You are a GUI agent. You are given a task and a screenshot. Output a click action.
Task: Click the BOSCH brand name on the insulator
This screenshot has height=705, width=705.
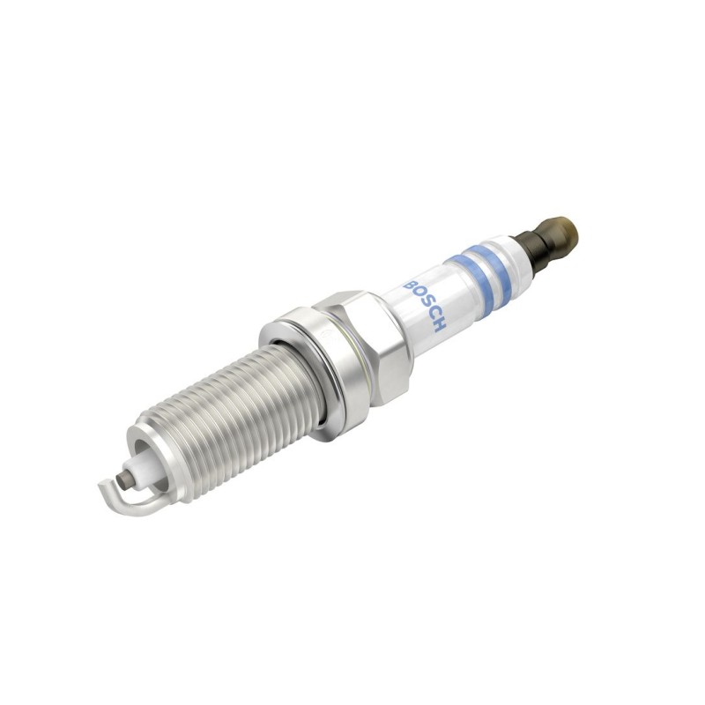425,306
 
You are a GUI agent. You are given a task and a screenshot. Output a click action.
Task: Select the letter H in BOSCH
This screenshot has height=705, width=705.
438,325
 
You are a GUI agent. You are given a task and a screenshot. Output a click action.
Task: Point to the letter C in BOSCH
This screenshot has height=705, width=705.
432,315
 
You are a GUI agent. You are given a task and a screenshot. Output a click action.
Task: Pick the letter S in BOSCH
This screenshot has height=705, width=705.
426,305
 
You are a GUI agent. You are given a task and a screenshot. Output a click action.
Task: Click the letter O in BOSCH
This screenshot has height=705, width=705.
419,295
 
